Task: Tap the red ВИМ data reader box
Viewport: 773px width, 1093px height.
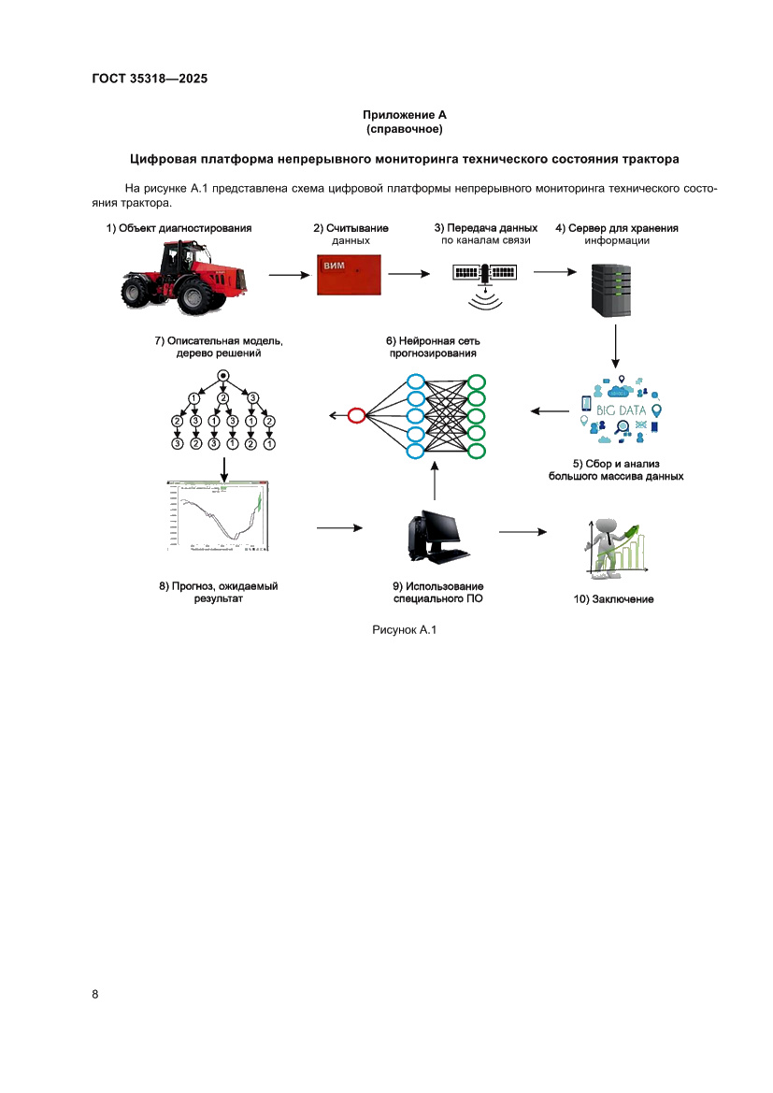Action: point(350,274)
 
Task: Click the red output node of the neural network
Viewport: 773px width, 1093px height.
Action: point(355,415)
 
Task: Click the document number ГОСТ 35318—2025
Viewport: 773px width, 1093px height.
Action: point(150,79)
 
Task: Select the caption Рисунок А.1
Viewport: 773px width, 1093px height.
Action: point(405,630)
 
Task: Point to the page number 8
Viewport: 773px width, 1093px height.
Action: point(95,993)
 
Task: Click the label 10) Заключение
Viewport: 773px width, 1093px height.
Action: point(613,599)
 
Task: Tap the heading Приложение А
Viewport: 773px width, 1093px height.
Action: point(405,114)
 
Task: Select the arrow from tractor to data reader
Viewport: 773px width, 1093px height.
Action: point(289,275)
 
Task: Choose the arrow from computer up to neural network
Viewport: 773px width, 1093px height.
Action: point(435,482)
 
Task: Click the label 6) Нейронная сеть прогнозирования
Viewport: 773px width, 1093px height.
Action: point(432,347)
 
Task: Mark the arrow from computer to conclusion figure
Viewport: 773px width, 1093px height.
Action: point(522,532)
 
